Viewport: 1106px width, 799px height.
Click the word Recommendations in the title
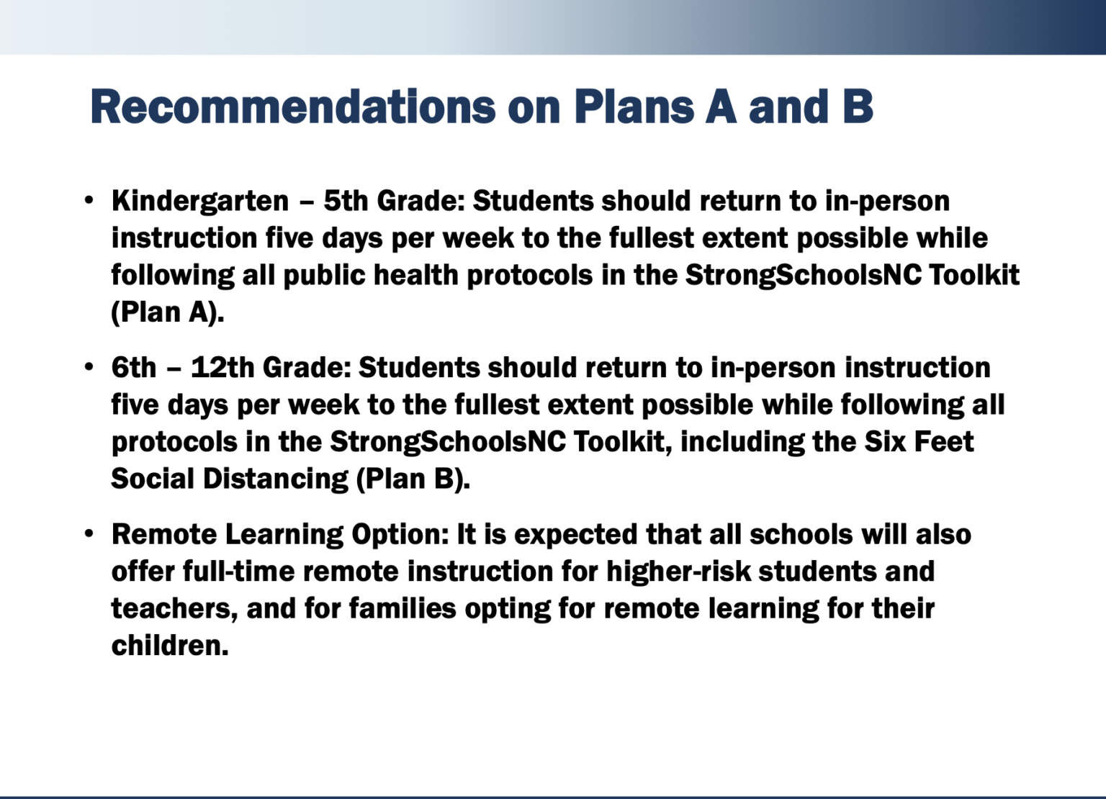pos(292,107)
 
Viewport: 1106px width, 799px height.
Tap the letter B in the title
pos(857,107)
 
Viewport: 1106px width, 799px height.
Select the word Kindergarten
pos(200,202)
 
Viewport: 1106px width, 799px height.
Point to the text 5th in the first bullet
pos(346,202)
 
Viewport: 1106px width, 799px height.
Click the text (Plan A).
pos(168,312)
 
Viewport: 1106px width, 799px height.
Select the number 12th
pos(222,368)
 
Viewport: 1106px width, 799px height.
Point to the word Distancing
pos(276,479)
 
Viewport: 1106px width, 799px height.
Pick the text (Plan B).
pos(413,479)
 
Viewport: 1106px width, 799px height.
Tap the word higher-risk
pos(678,572)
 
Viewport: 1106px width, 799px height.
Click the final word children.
pos(169,646)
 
